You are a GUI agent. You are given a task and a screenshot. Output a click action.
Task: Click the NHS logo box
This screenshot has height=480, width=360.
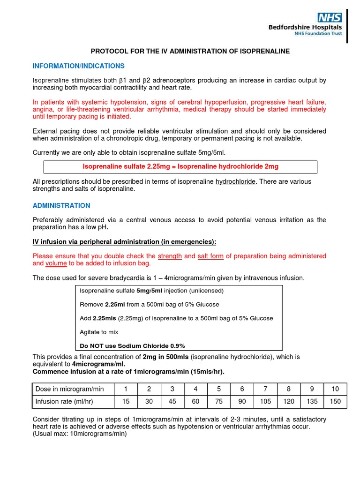pyautogui.click(x=330, y=18)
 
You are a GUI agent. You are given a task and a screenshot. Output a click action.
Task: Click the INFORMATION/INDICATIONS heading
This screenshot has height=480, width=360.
pyautogui.click(x=78, y=66)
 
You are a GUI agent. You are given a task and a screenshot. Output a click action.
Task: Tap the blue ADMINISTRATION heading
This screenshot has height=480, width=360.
pyautogui.click(x=61, y=205)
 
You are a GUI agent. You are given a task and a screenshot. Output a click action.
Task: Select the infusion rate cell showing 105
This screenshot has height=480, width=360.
pyautogui.click(x=265, y=401)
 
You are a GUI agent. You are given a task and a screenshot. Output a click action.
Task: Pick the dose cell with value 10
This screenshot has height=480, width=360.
pyautogui.click(x=335, y=389)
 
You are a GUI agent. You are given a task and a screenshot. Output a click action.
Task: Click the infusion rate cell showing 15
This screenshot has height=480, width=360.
pyautogui.click(x=126, y=401)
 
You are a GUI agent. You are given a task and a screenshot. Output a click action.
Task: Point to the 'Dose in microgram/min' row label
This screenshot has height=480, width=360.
pyautogui.click(x=69, y=389)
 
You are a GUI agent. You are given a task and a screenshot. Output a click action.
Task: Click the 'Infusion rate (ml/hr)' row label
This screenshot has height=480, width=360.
pyautogui.click(x=67, y=401)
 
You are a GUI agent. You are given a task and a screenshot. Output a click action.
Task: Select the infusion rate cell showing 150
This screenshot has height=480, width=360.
pyautogui.click(x=335, y=401)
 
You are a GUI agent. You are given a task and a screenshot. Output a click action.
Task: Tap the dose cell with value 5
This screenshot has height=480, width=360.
pyautogui.click(x=218, y=389)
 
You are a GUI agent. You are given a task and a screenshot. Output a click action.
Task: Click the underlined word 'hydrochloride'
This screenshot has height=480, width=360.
pyautogui.click(x=236, y=181)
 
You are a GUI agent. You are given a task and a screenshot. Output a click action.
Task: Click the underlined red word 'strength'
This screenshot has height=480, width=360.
pyautogui.click(x=170, y=256)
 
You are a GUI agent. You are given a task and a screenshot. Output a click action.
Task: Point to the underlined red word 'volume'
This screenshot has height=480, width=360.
pyautogui.click(x=56, y=263)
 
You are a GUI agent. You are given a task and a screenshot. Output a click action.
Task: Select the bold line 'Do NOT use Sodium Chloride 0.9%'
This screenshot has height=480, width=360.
pyautogui.click(x=132, y=345)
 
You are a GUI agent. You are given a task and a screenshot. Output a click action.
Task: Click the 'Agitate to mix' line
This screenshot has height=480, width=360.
pyautogui.click(x=99, y=332)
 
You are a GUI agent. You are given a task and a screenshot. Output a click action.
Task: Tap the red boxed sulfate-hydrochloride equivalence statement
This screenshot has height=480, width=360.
pyautogui.click(x=180, y=166)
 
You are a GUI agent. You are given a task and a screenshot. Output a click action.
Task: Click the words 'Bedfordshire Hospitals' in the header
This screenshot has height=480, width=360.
pyautogui.click(x=305, y=28)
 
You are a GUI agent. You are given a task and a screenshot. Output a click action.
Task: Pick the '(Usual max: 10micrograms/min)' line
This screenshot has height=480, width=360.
pyautogui.click(x=80, y=434)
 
